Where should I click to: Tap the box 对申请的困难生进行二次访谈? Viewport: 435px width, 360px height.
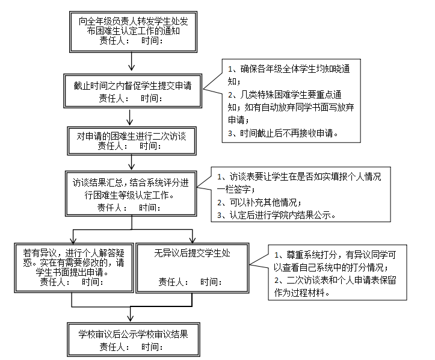131,140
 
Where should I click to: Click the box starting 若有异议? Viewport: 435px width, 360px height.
72,267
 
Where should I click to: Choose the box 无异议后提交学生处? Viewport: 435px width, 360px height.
192,267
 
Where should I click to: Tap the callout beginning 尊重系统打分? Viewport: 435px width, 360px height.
337,271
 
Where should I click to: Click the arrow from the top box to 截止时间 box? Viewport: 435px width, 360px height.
131,63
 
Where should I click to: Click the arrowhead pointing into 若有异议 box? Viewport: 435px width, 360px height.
72,238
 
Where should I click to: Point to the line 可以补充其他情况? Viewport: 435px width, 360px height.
259,202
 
